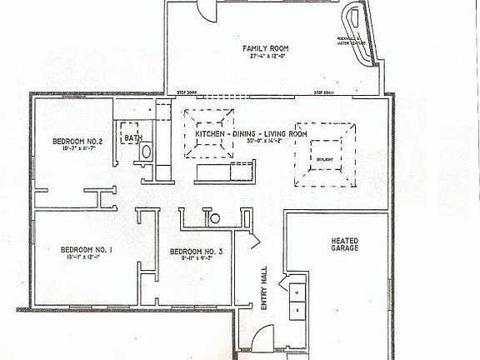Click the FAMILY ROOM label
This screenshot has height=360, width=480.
coord(265,48)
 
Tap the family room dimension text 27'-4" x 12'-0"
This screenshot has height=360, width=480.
coord(265,57)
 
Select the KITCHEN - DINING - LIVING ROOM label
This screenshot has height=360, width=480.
coord(251,133)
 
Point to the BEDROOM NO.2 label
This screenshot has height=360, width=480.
coord(76,142)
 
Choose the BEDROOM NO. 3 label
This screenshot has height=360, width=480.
coord(196,252)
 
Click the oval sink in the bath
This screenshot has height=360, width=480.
coord(146,153)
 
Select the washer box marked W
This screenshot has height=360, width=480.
coord(296,292)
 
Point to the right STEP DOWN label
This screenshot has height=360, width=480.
coord(324,92)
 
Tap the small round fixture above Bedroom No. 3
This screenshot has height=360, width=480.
coord(214,219)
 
